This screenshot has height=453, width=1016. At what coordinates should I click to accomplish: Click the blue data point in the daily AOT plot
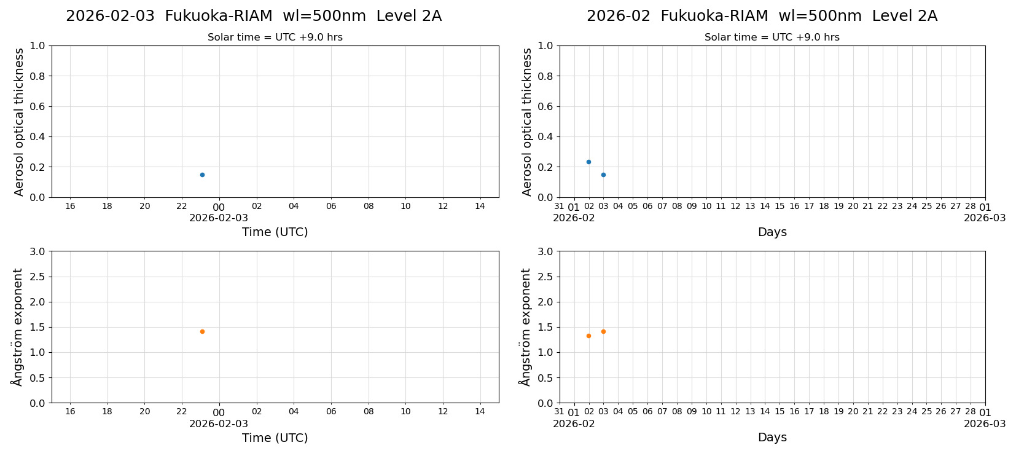pos(202,175)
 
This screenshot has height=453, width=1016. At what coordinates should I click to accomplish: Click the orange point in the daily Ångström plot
pos(202,331)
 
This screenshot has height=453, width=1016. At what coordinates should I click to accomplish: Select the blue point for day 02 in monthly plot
pos(588,162)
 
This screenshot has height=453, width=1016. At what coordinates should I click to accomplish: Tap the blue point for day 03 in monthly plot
pos(603,175)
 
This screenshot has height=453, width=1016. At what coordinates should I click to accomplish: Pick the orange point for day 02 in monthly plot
pos(588,336)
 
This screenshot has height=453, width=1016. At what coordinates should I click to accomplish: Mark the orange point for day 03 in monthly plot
pos(603,331)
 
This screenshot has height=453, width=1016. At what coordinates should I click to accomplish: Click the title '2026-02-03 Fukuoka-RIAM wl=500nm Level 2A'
pos(254,16)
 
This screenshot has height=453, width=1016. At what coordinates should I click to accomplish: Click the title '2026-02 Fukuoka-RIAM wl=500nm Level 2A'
pos(762,16)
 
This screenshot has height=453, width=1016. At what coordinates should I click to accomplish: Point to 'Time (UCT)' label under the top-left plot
pos(275,232)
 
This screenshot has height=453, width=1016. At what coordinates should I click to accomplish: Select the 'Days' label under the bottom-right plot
pos(772,437)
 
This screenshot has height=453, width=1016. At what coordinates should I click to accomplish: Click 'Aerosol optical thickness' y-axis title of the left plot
pos(19,122)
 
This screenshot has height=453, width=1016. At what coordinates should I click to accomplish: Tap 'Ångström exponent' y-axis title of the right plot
pos(525,327)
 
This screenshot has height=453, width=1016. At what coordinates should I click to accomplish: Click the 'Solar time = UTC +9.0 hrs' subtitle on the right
pos(772,37)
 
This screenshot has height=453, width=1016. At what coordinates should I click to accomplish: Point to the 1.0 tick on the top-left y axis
pos(37,45)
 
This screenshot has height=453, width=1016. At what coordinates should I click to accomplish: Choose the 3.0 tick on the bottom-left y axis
pos(37,251)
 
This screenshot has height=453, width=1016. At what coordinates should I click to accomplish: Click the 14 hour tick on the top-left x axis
pos(480,206)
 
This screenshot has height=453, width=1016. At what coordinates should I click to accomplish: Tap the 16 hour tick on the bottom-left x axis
pos(70,411)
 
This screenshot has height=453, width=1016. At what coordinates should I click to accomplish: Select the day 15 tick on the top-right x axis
pos(780,206)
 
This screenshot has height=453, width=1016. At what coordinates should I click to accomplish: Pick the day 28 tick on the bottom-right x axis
pos(970,411)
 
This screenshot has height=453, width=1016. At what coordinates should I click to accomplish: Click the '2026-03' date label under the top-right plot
pos(985,218)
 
